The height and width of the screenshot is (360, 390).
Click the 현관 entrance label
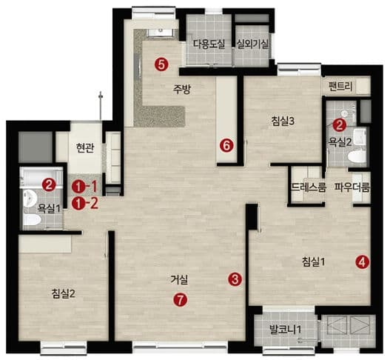click(x=85, y=148)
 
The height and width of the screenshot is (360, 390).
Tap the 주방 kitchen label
click(x=182, y=90)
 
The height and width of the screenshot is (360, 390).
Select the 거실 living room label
click(x=179, y=279)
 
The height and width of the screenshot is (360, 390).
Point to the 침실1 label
click(x=313, y=262)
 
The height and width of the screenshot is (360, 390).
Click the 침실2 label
click(x=63, y=294)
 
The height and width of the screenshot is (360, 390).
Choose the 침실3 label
click(x=283, y=121)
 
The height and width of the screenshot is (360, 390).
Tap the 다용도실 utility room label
click(x=209, y=44)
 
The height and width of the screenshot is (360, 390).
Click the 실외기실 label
click(x=252, y=44)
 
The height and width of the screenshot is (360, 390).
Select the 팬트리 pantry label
click(x=340, y=87)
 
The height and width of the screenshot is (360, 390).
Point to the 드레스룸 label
click(x=309, y=187)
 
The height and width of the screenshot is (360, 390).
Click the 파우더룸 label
click(x=352, y=187)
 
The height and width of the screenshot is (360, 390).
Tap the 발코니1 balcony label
click(x=286, y=330)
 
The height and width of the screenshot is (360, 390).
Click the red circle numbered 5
click(x=161, y=64)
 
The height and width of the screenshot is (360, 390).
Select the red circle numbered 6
click(x=226, y=145)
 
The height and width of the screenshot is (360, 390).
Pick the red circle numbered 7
click(x=181, y=299)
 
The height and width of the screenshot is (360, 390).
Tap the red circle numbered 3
click(x=235, y=279)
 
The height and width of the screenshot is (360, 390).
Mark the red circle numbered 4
click(x=362, y=262)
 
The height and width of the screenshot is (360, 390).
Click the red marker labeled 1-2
click(x=84, y=204)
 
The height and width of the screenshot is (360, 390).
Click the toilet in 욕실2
click(x=357, y=156)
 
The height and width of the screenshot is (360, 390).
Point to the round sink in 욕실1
click(x=30, y=198)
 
